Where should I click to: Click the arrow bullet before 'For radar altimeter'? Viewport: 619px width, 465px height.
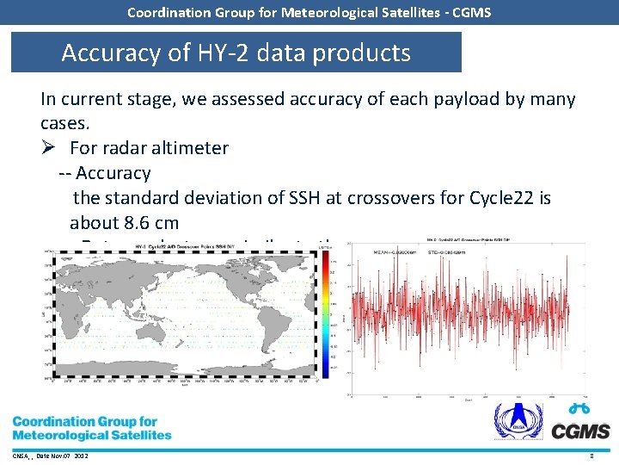[x=49, y=148]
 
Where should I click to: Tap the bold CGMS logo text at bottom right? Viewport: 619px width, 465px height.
[x=580, y=431]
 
